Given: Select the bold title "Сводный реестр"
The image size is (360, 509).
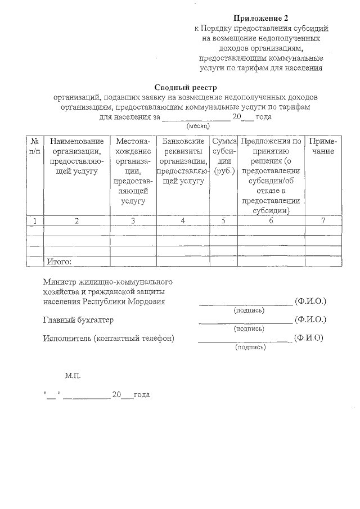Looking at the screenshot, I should pyautogui.click(x=185, y=87).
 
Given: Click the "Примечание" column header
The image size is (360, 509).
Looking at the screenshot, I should pyautogui.click(x=323, y=146).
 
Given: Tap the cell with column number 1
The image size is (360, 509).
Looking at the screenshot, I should pyautogui.click(x=35, y=220).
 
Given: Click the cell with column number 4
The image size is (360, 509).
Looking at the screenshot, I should pyautogui.click(x=183, y=220).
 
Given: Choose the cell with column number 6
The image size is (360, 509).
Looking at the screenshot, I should pyautogui.click(x=271, y=220).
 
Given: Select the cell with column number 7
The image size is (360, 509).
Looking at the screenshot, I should pyautogui.click(x=323, y=220).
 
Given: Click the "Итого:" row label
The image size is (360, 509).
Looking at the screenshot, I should pyautogui.click(x=58, y=262).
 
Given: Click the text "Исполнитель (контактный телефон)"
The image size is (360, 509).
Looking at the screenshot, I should pyautogui.click(x=109, y=338).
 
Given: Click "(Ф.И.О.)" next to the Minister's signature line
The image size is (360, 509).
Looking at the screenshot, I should pyautogui.click(x=310, y=301).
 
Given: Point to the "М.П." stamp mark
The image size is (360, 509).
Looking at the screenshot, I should pyautogui.click(x=73, y=374).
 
